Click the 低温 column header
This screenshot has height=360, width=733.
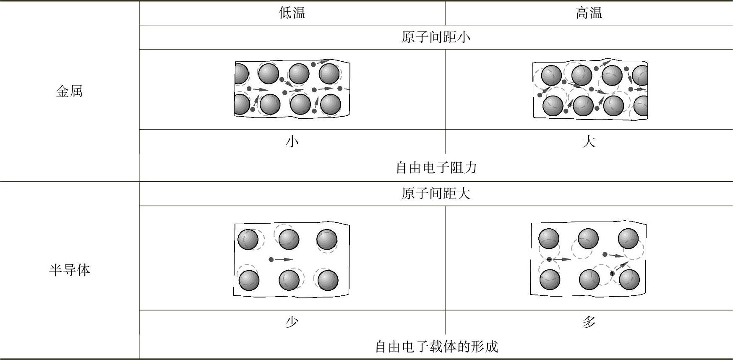[292, 13]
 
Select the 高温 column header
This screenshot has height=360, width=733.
[589, 13]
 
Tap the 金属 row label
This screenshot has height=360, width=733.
[69, 91]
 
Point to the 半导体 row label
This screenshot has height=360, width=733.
[69, 270]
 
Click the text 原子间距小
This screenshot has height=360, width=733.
[436, 37]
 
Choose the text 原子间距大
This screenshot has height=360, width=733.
[436, 193]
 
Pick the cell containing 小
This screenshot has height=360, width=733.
[292, 141]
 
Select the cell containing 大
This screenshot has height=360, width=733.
[589, 141]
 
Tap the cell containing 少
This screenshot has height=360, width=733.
[292, 322]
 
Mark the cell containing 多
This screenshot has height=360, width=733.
[589, 322]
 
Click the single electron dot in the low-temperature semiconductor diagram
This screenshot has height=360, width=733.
[271, 260]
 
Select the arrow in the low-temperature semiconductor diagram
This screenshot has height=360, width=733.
[284, 260]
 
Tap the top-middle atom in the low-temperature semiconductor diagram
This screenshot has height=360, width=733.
[289, 240]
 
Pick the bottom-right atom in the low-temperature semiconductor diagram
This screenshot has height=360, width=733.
[328, 280]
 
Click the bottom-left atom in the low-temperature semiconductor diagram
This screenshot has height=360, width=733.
[249, 280]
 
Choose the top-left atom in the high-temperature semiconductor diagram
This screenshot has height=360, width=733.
[548, 239]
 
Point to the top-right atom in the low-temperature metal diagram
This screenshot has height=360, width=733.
[329, 74]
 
